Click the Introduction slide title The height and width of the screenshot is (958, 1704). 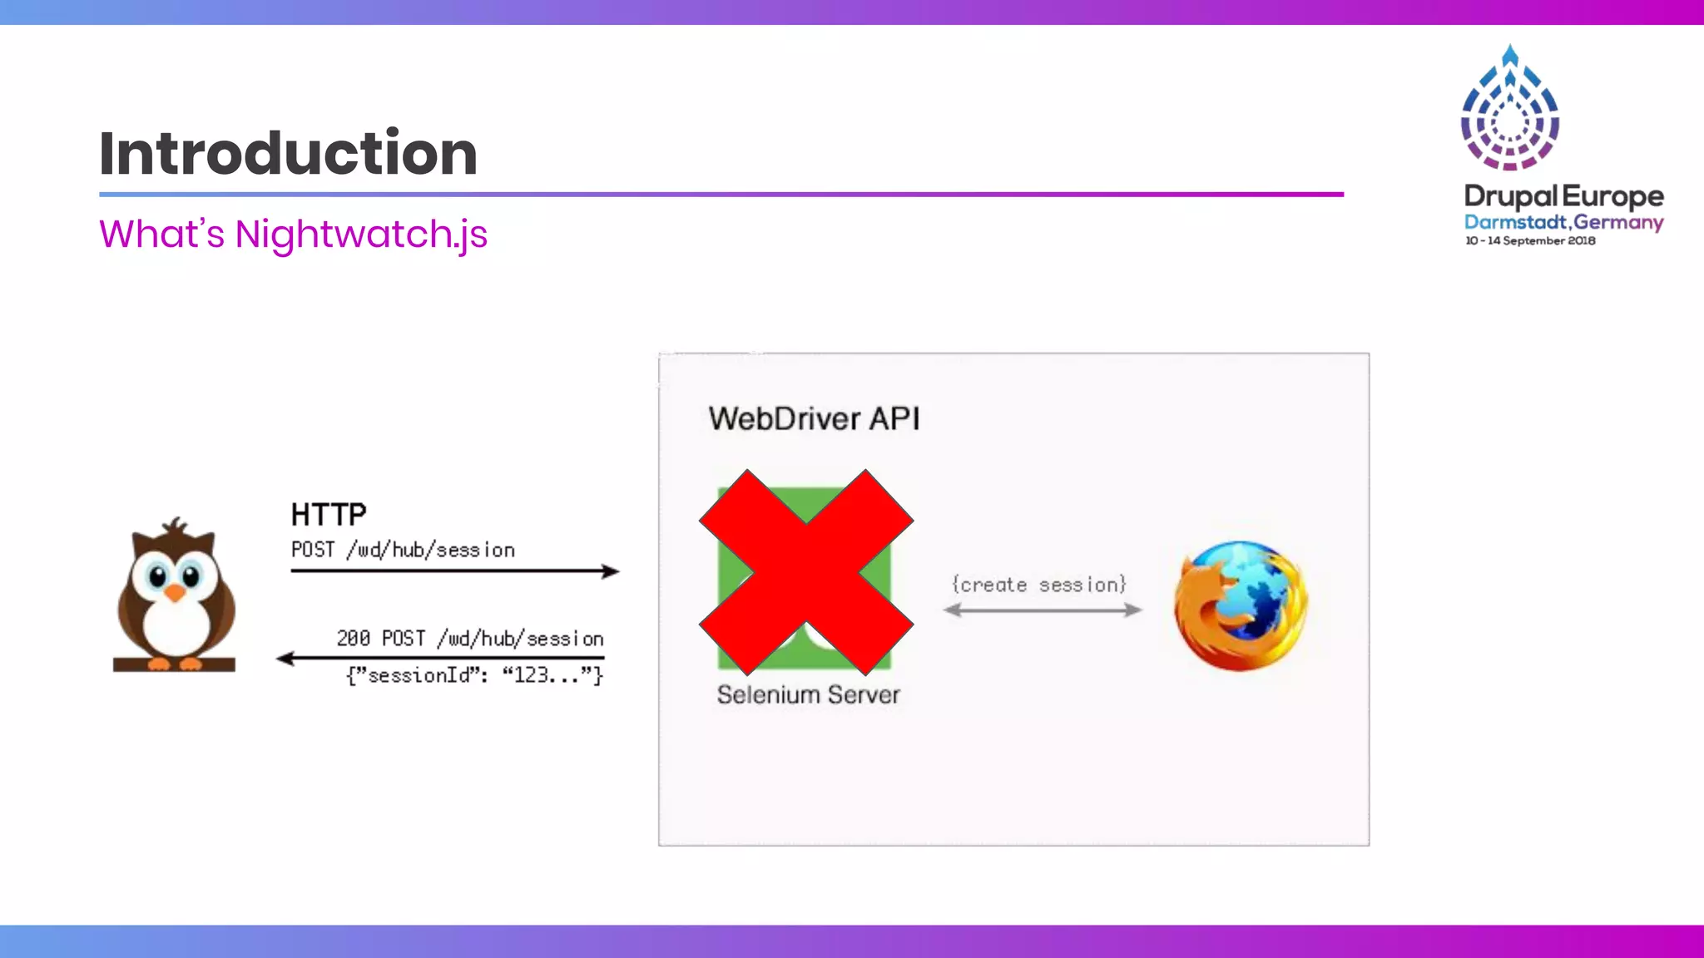pos(288,154)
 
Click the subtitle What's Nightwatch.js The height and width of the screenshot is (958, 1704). pos(293,235)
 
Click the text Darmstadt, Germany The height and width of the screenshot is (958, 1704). pos(1563,222)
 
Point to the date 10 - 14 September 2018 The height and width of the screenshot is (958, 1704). pos(1530,241)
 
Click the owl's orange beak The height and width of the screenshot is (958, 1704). pos(175,592)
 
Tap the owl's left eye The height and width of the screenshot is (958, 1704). pos(157,575)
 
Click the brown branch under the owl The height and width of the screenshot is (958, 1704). pos(174,664)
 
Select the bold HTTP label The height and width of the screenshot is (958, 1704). pos(329,515)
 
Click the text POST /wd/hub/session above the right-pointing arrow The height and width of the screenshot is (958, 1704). pos(403,550)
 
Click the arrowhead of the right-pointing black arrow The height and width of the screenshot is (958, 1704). pos(612,571)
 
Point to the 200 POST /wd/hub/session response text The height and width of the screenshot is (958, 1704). pos(470,639)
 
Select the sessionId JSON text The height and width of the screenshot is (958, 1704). pos(474,675)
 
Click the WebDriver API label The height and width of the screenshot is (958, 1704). pos(814,418)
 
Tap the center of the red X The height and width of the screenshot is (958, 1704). pos(806,572)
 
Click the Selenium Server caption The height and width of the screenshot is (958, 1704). pos(808,694)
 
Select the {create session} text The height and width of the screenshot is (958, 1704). pos(1039,585)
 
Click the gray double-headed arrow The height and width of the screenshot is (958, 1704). pos(1043,610)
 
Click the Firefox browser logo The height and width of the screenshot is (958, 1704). pos(1241,605)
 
